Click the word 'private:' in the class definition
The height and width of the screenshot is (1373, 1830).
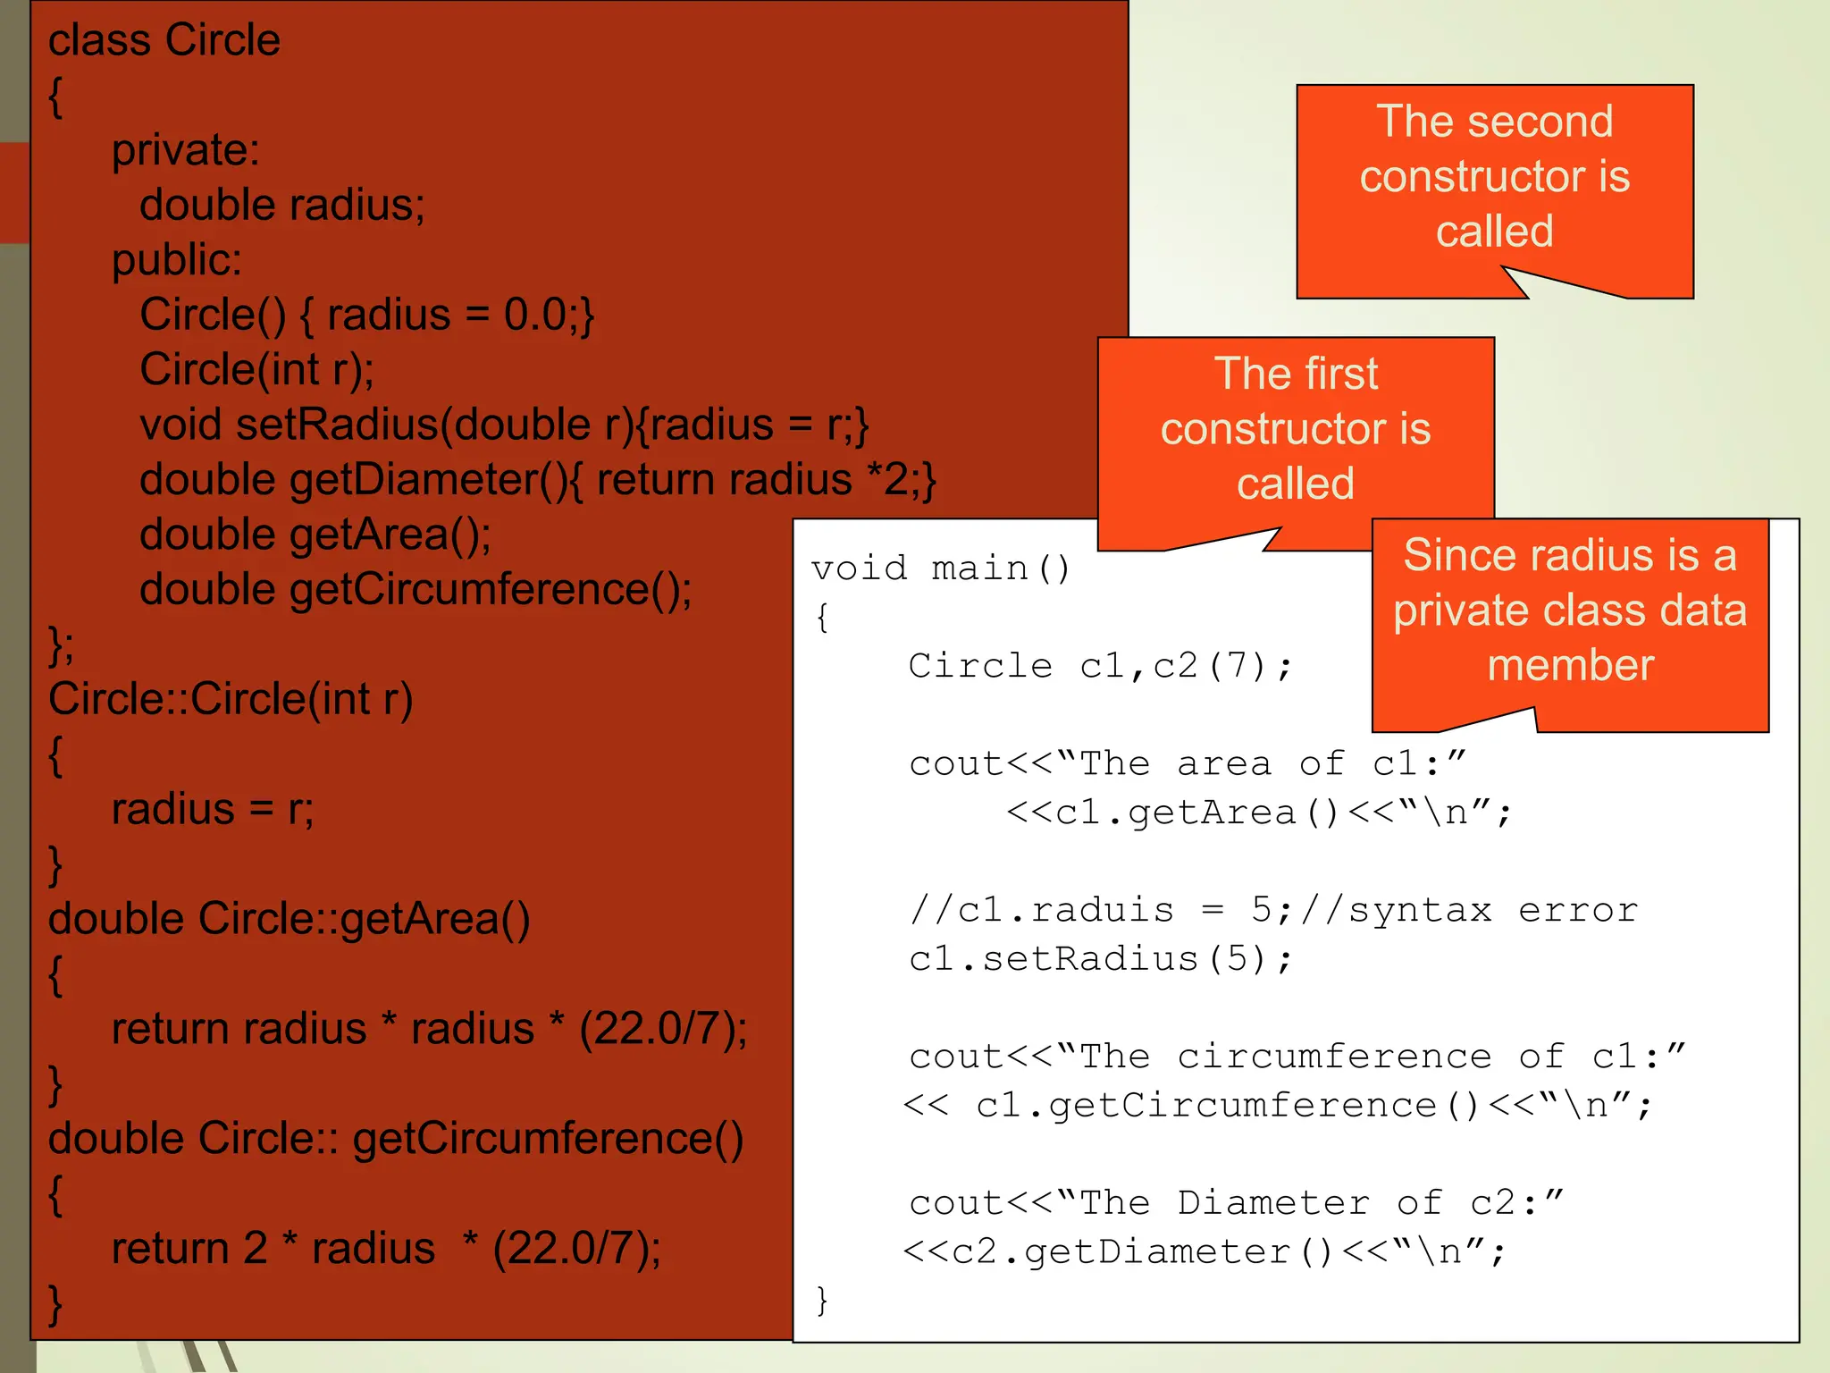click(185, 150)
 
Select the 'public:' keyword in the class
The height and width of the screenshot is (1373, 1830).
click(176, 260)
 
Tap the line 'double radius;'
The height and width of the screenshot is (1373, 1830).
click(282, 206)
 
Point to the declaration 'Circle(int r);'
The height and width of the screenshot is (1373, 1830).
click(257, 370)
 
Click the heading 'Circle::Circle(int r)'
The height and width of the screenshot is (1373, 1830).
click(231, 699)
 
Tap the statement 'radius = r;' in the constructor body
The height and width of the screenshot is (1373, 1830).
click(213, 809)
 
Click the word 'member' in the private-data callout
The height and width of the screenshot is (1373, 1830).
click(1570, 666)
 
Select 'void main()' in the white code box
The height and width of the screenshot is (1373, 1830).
click(940, 569)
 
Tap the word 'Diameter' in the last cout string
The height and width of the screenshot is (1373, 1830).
click(1272, 1203)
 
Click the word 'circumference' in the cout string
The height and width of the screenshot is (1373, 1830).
click(1334, 1057)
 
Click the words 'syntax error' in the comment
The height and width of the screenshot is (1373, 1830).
click(1492, 910)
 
